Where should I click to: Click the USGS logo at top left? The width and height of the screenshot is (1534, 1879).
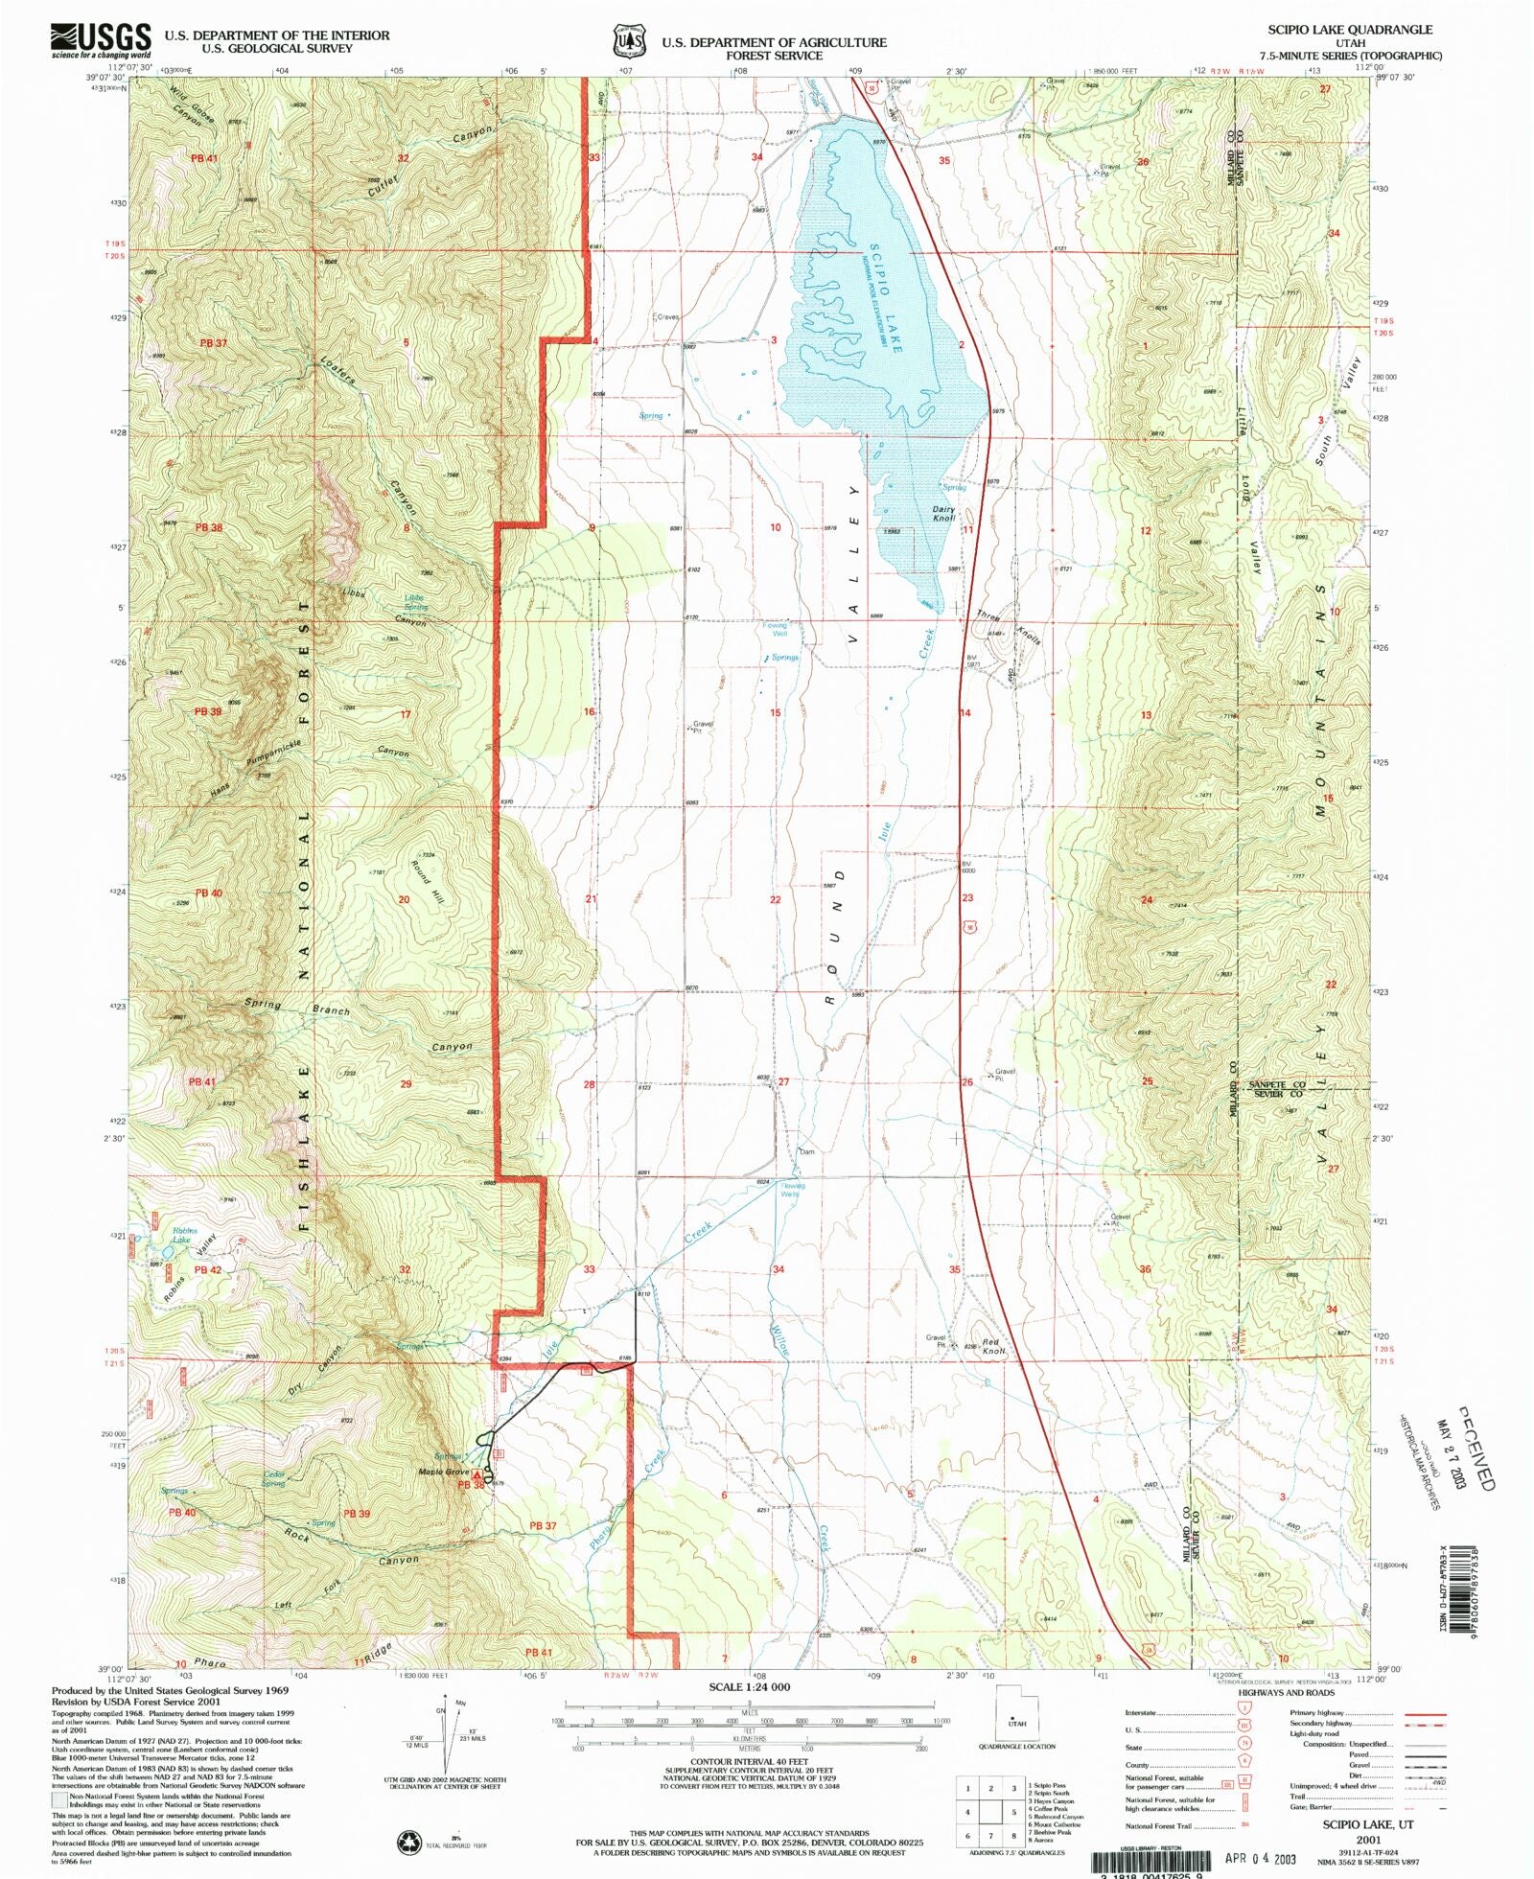pyautogui.click(x=101, y=40)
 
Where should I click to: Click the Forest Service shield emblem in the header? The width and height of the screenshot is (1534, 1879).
pyautogui.click(x=629, y=42)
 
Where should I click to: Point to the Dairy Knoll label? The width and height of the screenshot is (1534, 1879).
pyautogui.click(x=944, y=514)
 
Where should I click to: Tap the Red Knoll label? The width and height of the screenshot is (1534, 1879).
pyautogui.click(x=993, y=1347)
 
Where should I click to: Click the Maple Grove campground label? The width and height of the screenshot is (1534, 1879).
pyautogui.click(x=443, y=1472)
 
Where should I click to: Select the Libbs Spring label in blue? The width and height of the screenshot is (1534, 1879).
pyautogui.click(x=415, y=602)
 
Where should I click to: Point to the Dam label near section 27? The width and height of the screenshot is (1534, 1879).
pyautogui.click(x=807, y=1151)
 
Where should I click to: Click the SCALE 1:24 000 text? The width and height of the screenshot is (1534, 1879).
pyautogui.click(x=749, y=1686)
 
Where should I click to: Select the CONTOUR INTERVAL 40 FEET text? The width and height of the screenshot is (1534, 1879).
pyautogui.click(x=749, y=1761)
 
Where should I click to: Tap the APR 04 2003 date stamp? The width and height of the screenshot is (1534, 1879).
pyautogui.click(x=1260, y=1858)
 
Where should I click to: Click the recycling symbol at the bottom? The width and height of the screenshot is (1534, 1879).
pyautogui.click(x=409, y=1841)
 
